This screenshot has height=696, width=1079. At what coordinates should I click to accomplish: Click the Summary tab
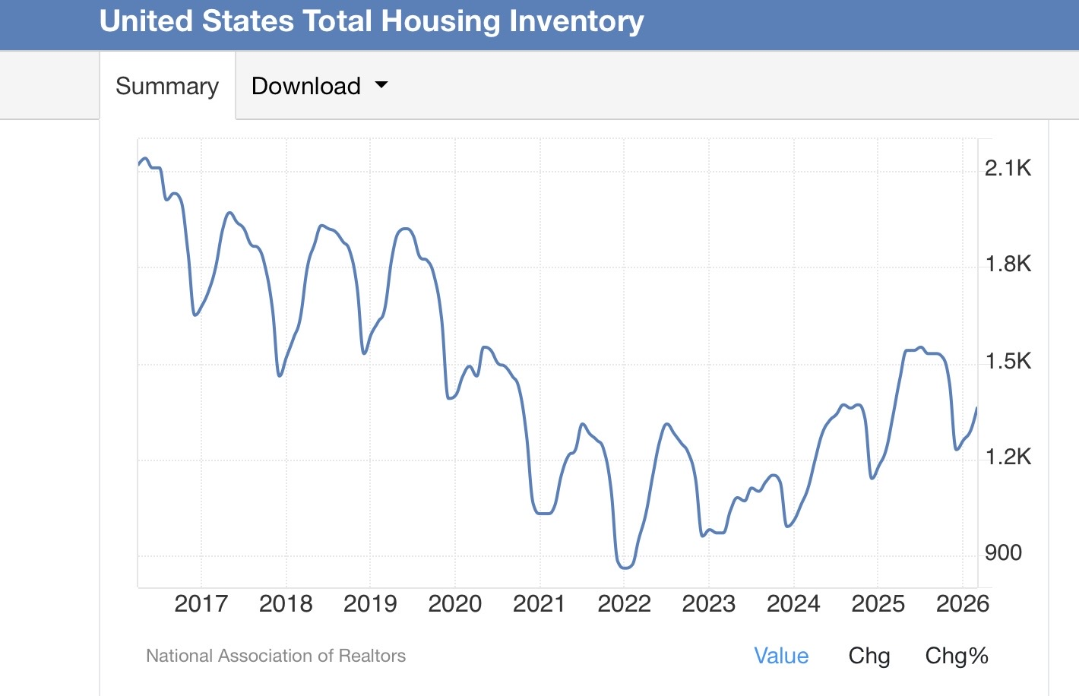167,86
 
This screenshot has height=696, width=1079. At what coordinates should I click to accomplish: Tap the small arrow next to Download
381,85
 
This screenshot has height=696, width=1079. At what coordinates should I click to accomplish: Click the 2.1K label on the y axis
1008,168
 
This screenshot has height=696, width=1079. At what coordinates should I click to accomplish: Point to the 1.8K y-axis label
1008,264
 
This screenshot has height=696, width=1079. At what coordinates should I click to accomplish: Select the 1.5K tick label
1008,361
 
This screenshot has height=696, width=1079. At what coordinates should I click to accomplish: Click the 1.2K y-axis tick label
1008,456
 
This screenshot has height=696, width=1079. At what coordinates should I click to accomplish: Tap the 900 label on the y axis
1003,552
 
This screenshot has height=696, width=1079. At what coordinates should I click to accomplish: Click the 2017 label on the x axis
201,603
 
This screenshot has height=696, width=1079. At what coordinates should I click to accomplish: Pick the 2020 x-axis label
454,603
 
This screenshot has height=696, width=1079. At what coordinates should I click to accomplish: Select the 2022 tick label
625,603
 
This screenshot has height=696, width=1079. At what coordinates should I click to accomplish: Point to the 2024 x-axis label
793,603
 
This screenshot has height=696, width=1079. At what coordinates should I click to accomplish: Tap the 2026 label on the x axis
963,603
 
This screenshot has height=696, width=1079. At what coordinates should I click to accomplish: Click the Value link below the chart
781,656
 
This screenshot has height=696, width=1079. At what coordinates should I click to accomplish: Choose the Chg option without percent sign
869,656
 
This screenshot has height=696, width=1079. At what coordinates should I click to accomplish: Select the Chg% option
957,656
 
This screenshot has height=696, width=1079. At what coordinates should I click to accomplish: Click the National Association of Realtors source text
276,656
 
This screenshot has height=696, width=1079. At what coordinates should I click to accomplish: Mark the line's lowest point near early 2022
625,568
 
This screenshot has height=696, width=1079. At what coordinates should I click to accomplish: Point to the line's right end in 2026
977,408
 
